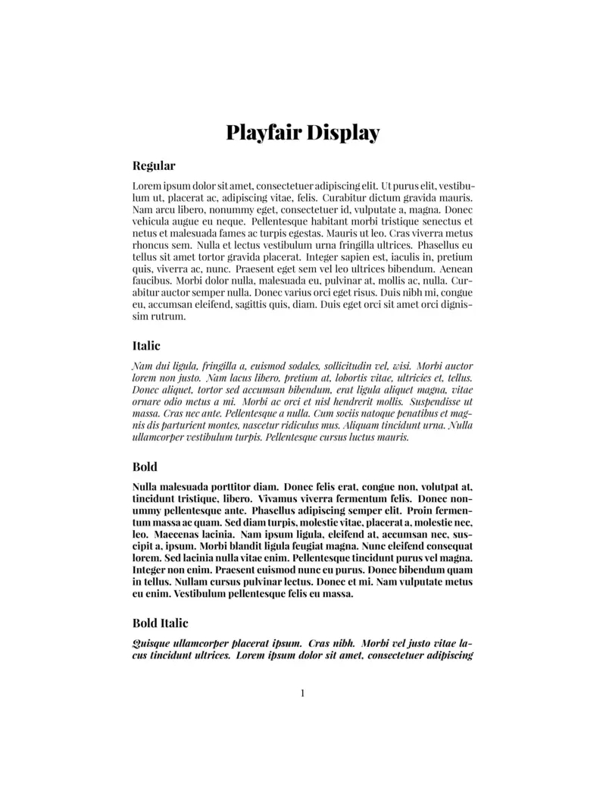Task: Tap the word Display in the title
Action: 343,133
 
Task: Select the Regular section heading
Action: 154,165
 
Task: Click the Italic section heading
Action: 146,346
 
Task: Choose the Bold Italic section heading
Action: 160,623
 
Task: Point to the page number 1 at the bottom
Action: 303,692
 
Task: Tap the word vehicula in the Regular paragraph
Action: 154,221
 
